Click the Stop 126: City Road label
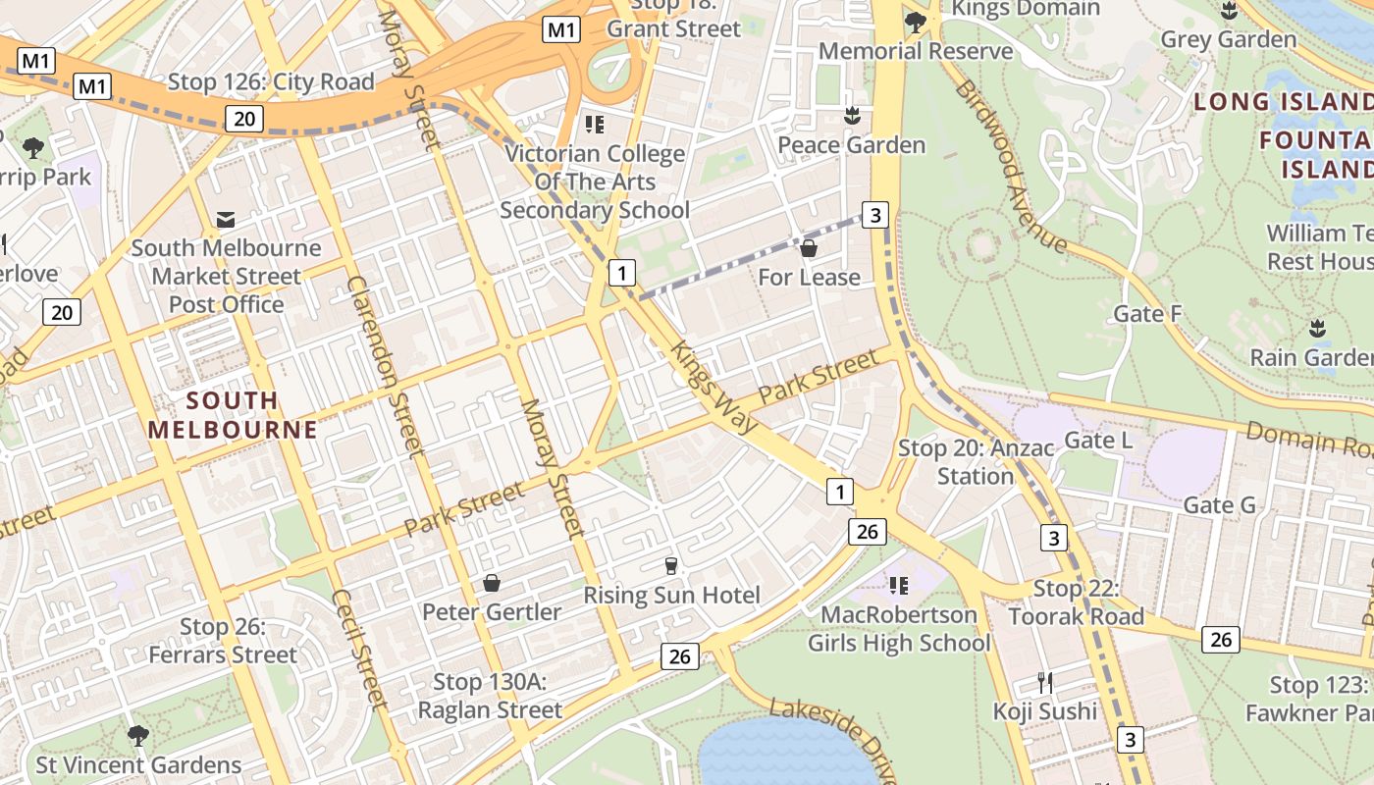272,82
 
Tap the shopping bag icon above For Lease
809,248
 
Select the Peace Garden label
851,145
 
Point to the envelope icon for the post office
226,219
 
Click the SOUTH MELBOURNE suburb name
233,415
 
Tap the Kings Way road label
713,387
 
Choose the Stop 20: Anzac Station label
976,462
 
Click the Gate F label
1147,314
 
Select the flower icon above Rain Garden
1316,328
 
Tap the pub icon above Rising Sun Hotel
671,565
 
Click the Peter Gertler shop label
492,612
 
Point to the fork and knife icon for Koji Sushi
1045,682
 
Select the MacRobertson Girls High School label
899,629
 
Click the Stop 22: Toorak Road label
1076,602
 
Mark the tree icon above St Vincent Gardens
138,735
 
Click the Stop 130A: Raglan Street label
491,696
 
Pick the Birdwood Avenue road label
1010,164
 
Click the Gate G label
1219,505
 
